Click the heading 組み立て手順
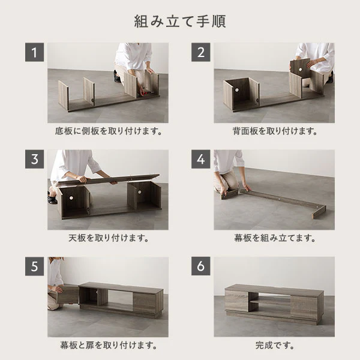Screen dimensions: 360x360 [x=180, y=22]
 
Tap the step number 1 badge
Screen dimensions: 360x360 [x=34, y=52]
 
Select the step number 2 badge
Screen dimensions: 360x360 [x=200, y=52]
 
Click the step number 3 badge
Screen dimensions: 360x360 [x=34, y=159]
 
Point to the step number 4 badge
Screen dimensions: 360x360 [x=200, y=159]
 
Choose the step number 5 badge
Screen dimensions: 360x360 [x=34, y=266]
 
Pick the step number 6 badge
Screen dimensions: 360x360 [x=200, y=266]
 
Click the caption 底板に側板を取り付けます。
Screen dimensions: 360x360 [x=109, y=131]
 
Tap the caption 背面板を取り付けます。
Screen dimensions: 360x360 [x=275, y=131]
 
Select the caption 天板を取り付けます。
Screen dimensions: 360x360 [x=109, y=238]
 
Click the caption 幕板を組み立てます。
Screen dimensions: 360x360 [x=275, y=238]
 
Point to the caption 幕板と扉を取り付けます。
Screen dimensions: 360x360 [x=109, y=345]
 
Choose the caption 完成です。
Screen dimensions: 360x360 [x=275, y=345]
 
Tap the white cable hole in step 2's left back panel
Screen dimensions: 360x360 [x=236, y=90]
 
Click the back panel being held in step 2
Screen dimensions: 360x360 [x=301, y=68]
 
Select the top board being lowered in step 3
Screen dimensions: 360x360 [x=108, y=179]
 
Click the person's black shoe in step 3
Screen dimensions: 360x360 [x=53, y=200]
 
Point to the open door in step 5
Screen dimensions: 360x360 [x=68, y=294]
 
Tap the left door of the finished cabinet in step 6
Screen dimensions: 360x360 [x=236, y=301]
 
